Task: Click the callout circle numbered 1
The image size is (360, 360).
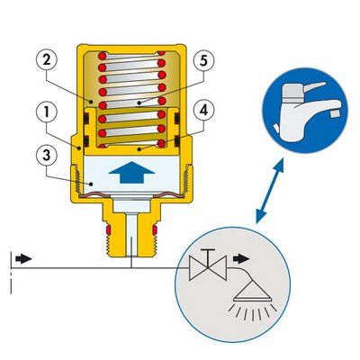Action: coord(46,112)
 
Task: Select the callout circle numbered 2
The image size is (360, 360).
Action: coord(46,60)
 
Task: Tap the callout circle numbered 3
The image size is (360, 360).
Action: coord(46,156)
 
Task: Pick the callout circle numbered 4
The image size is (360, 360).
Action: coord(204,111)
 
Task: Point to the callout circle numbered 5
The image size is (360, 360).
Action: coord(204,61)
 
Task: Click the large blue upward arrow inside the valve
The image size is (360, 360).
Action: coord(131,172)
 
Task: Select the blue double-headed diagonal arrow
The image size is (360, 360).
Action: coord(270,191)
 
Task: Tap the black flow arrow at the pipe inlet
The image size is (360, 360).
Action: coord(23,259)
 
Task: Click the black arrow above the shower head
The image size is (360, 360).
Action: coord(241,258)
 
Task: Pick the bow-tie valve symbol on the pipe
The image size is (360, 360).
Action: coord(208,268)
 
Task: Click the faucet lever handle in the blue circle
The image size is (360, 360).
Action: coord(312,87)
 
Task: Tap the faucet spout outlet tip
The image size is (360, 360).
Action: coord(337,113)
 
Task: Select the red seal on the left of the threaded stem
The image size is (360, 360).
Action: coord(108,230)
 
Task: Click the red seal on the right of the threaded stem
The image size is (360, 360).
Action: coord(155,230)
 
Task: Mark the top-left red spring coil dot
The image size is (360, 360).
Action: coord(103,56)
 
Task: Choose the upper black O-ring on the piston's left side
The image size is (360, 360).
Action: coord(86,119)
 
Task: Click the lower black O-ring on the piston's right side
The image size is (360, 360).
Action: coord(177,140)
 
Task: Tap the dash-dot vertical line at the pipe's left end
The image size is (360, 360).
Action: coord(11,273)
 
